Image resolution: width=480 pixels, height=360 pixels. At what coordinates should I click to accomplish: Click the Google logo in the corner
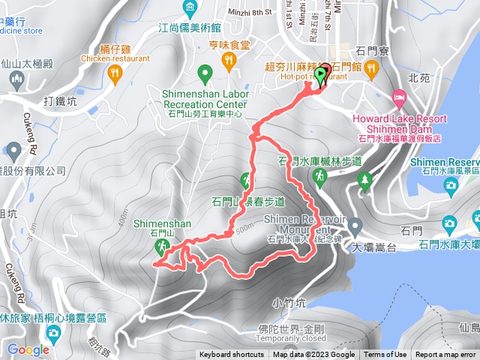[x=28, y=349]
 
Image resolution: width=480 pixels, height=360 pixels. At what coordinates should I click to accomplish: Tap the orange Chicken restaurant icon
[x=114, y=72]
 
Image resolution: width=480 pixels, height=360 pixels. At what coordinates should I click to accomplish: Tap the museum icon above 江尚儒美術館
[x=190, y=10]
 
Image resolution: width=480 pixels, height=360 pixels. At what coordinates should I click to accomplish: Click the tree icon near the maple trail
[x=365, y=179]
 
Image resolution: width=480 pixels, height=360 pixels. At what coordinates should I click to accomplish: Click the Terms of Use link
[x=385, y=355]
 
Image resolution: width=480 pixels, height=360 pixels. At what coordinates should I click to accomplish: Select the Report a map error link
[x=445, y=355]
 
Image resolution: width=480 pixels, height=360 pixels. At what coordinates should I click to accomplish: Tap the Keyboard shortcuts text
[x=231, y=355]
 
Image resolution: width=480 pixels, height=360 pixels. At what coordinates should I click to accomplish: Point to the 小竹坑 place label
[x=289, y=303]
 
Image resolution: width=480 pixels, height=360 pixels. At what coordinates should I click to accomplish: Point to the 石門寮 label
[x=372, y=52]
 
